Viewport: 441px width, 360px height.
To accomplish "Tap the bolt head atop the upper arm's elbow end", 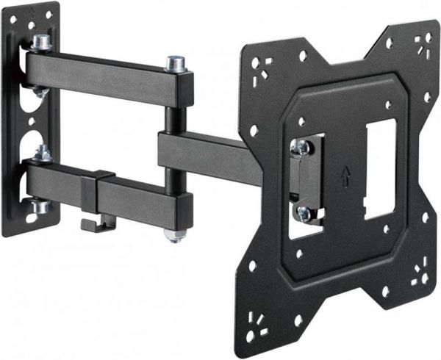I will (175, 64).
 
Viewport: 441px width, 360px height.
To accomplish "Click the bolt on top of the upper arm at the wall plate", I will (42, 43).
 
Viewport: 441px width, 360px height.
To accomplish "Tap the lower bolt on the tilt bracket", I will (302, 214).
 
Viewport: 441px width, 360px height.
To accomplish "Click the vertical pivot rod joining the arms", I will (170, 118).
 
